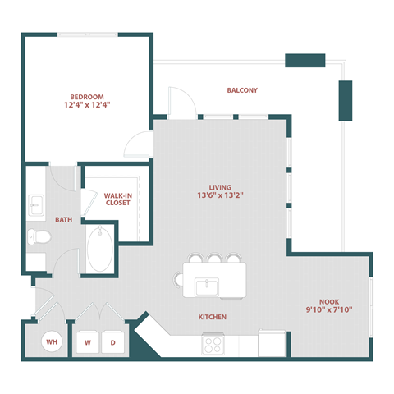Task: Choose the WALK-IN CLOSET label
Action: tap(117, 199)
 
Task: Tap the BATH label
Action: tap(63, 220)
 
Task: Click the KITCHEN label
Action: tap(212, 317)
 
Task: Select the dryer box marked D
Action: tap(114, 341)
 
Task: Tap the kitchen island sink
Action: tap(205, 287)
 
